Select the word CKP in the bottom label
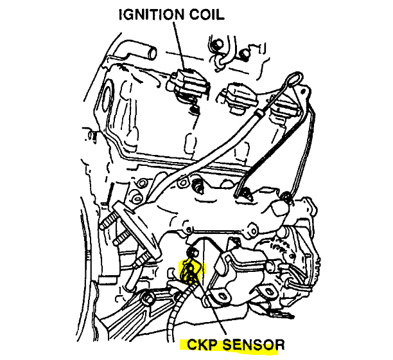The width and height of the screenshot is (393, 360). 202,344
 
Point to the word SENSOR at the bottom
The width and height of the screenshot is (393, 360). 254,345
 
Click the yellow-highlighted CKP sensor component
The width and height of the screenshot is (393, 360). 191,271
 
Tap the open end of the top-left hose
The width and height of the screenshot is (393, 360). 153,53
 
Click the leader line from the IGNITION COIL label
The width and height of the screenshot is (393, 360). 179,45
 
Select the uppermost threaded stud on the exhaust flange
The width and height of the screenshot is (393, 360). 109,221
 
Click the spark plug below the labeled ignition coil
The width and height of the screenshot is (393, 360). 193,109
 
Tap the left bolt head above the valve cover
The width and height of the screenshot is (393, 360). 218,44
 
